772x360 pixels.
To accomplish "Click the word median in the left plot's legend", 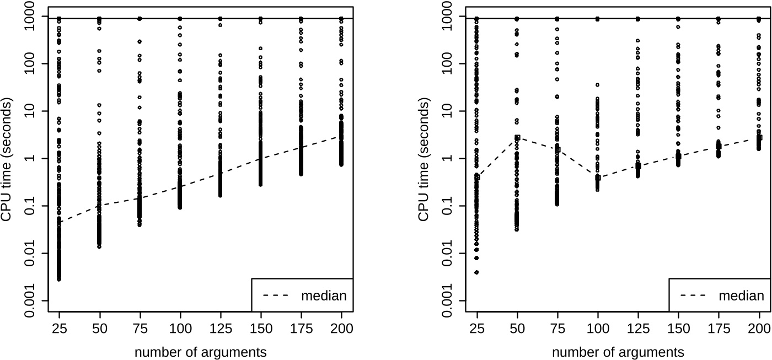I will coord(324,296).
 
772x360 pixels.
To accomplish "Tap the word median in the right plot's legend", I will coord(741,296).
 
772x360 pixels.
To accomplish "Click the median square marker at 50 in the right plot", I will coord(517,137).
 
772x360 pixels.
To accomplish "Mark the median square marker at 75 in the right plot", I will coord(557,149).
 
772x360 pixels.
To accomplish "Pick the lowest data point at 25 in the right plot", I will coord(476,272).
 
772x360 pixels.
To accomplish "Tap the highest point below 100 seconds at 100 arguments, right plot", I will coord(597,85).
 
